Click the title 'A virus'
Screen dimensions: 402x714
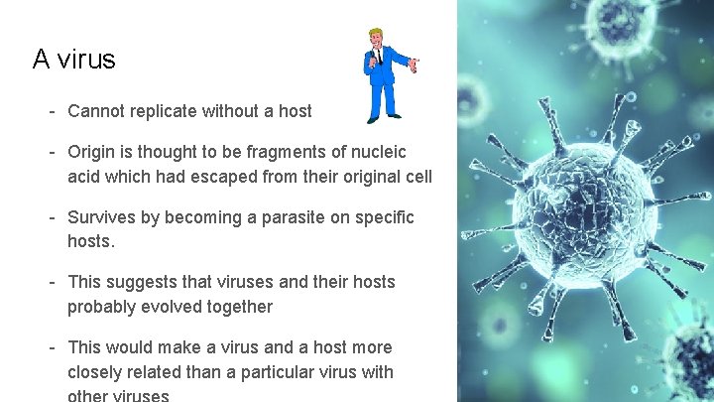point(74,60)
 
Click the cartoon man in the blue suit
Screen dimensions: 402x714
point(383,75)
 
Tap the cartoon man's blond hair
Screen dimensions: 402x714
point(377,35)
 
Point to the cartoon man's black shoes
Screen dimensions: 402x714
point(383,118)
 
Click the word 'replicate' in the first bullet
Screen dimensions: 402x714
point(163,111)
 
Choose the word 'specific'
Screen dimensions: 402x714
point(381,217)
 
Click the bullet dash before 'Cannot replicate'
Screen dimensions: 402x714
point(50,111)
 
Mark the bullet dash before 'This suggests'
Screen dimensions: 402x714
point(50,282)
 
